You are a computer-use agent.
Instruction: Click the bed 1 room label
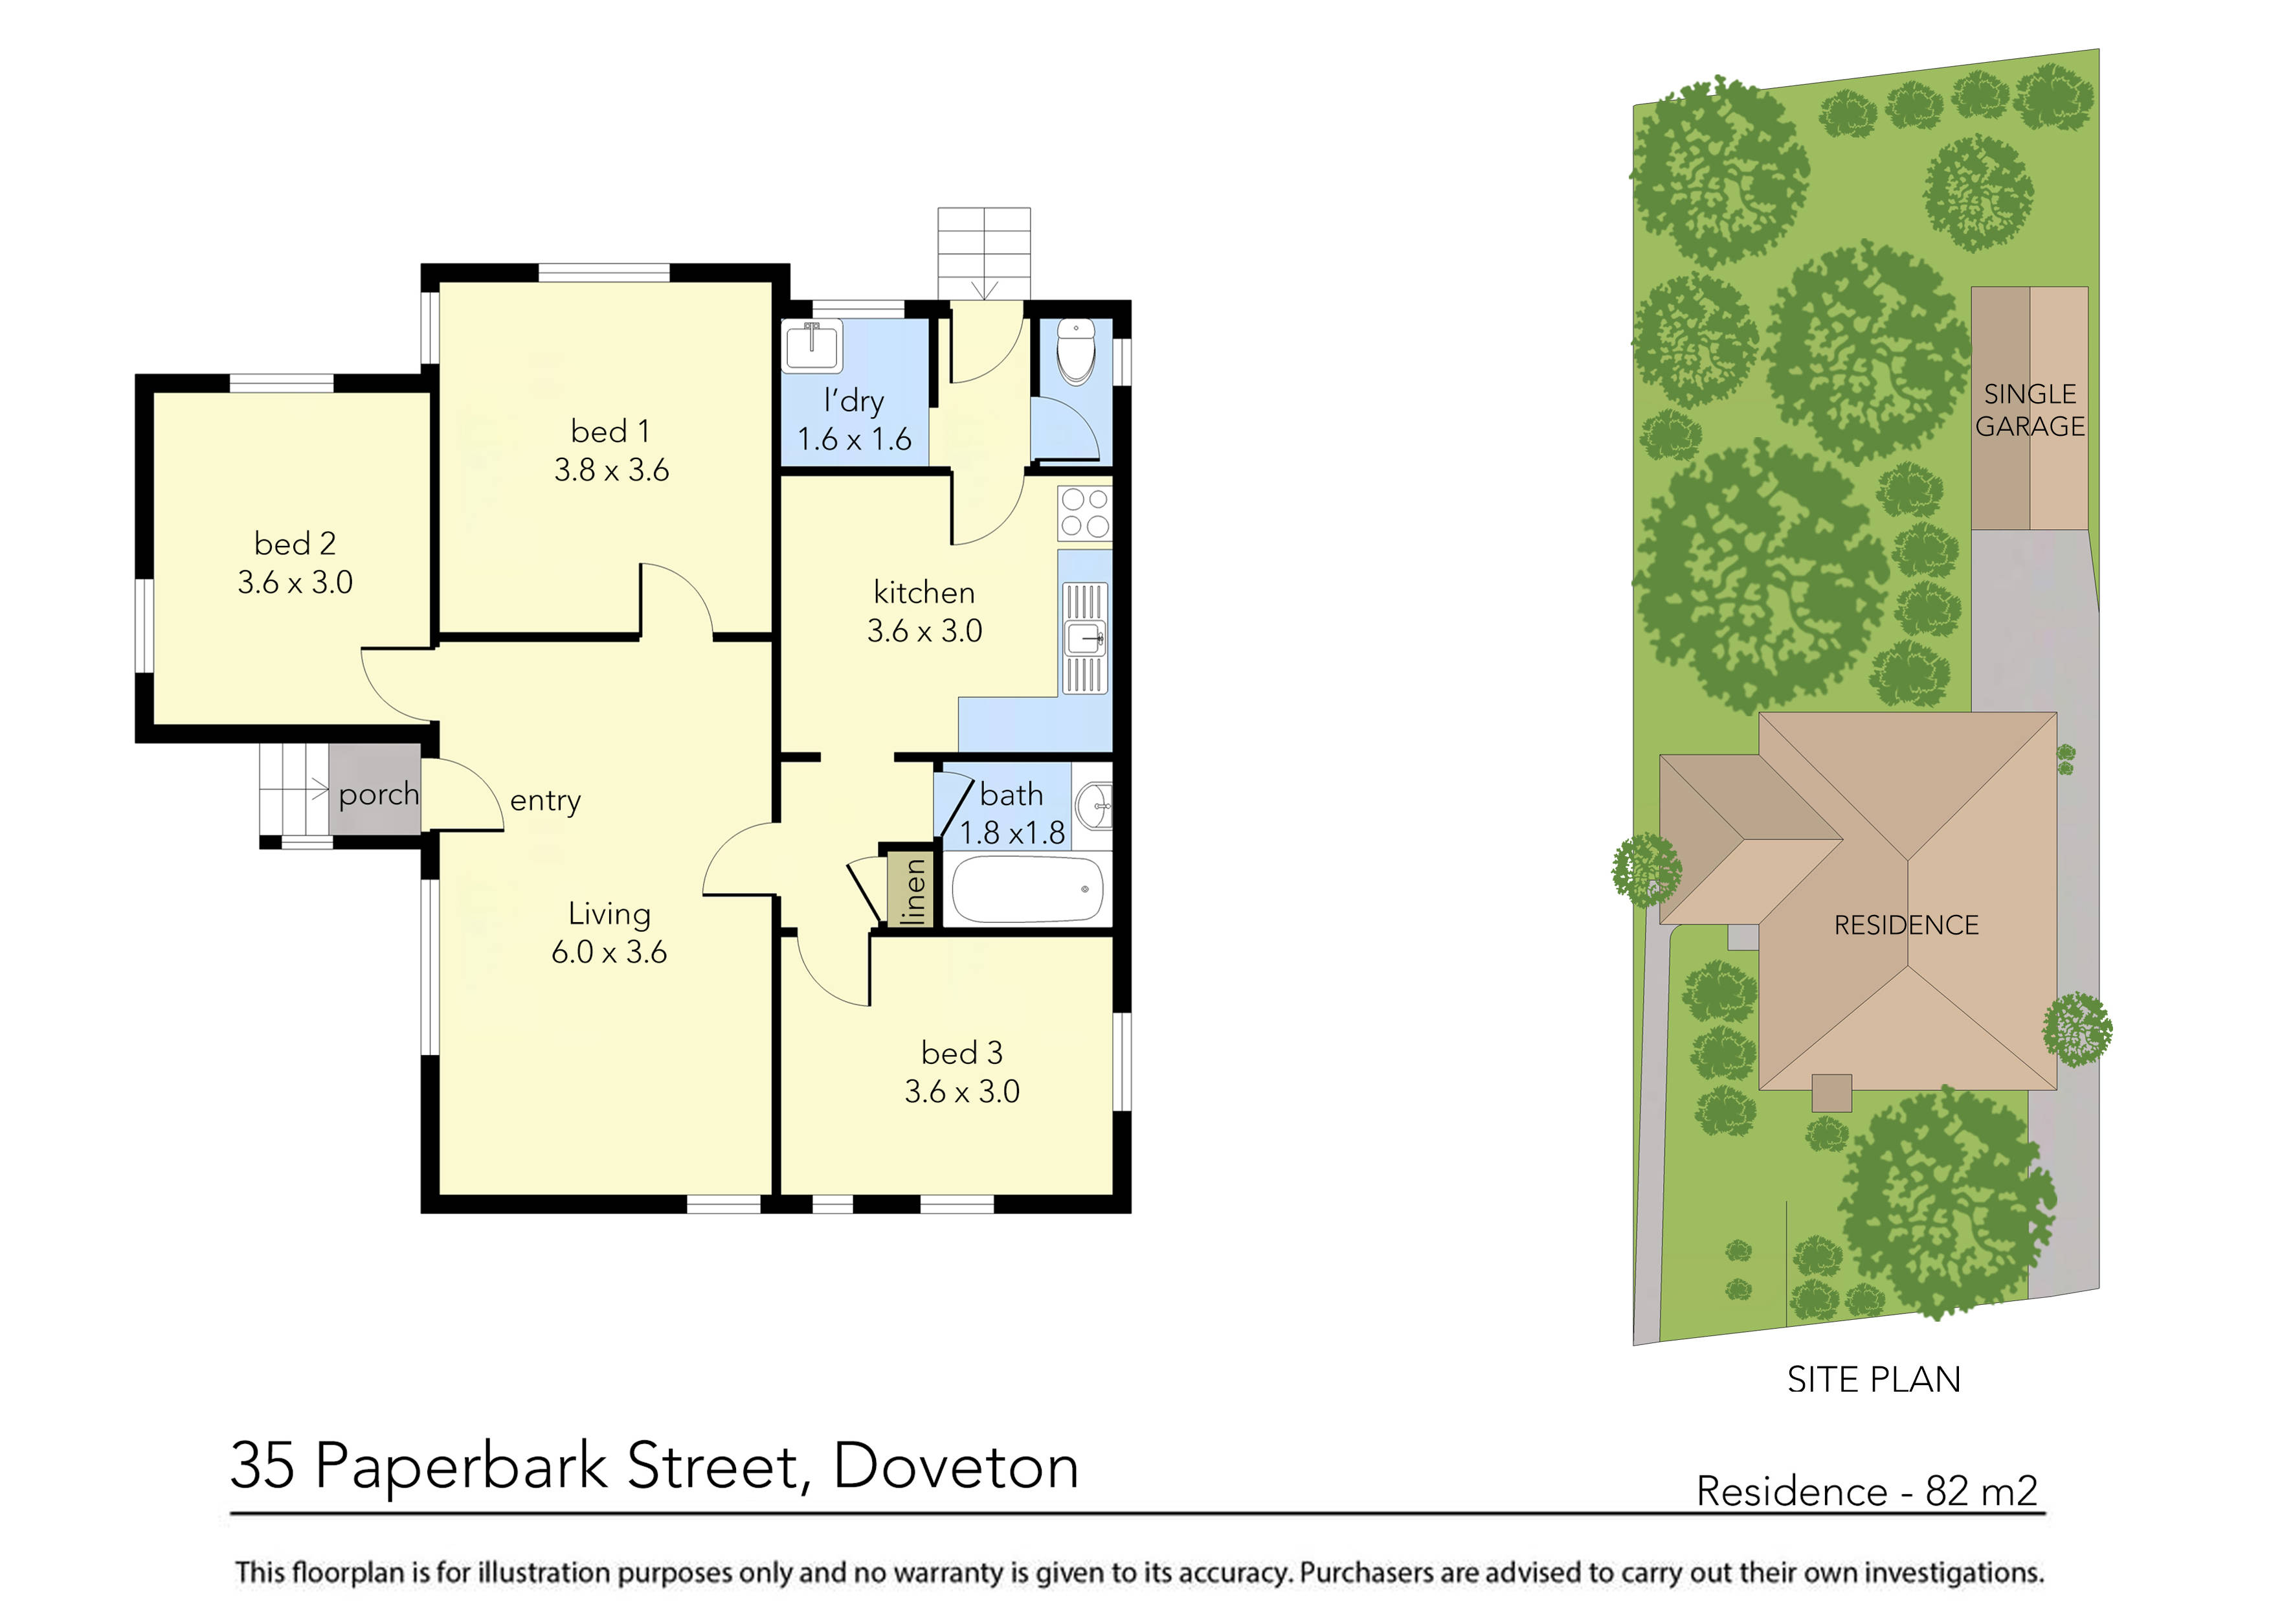click(x=610, y=431)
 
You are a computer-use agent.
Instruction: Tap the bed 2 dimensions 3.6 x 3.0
click(x=295, y=582)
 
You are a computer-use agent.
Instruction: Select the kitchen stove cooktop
click(x=1084, y=513)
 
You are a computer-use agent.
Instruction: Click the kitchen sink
click(x=1085, y=639)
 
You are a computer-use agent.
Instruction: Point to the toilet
click(x=1075, y=351)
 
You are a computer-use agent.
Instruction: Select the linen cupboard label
click(x=915, y=890)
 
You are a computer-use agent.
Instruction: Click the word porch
click(x=378, y=793)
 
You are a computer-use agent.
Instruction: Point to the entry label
click(x=545, y=800)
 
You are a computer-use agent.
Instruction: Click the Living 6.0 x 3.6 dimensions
click(x=609, y=952)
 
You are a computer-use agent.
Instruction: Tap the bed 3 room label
click(x=961, y=1052)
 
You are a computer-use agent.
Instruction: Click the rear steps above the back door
click(x=983, y=253)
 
